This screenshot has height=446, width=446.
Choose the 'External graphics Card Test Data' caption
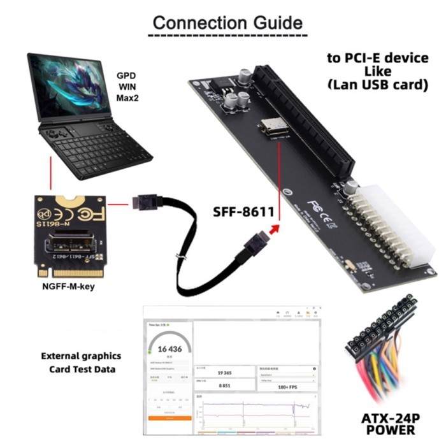coord(81,363)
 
